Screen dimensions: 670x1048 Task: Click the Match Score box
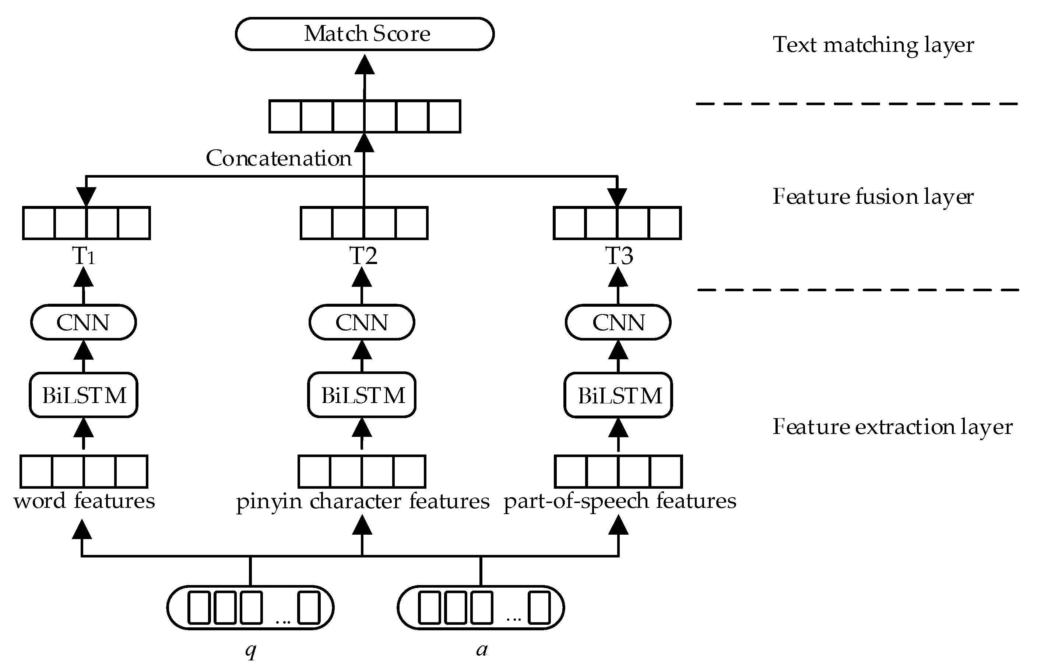pyautogui.click(x=365, y=34)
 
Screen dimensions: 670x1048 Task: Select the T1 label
pyautogui.click(x=83, y=256)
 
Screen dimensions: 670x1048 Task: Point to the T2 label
pyautogui.click(x=363, y=256)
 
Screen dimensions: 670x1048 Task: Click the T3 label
pyautogui.click(x=619, y=256)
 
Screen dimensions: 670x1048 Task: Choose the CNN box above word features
pyautogui.click(x=83, y=322)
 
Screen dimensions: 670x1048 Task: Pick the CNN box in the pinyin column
pyautogui.click(x=362, y=322)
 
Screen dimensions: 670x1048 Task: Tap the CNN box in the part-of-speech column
pyautogui.click(x=618, y=322)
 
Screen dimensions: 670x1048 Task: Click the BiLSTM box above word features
pyautogui.click(x=84, y=395)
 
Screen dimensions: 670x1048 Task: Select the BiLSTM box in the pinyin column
pyautogui.click(x=362, y=395)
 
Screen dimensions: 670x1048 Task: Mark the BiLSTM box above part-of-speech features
pyautogui.click(x=619, y=395)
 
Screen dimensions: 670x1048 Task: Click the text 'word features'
pyautogui.click(x=84, y=501)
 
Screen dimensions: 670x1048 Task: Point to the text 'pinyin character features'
pyautogui.click(x=363, y=501)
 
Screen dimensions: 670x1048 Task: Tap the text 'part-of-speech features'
pyautogui.click(x=619, y=501)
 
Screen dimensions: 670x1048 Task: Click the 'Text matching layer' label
pyautogui.click(x=873, y=45)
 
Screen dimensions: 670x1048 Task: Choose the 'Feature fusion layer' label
pyautogui.click(x=873, y=197)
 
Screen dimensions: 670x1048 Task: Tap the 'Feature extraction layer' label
pyautogui.click(x=893, y=427)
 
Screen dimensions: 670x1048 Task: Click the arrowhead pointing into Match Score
pyautogui.click(x=365, y=64)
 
